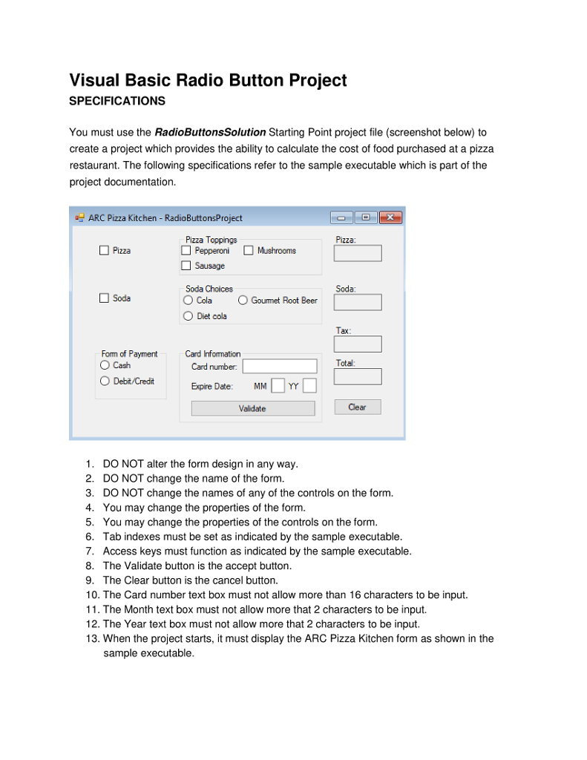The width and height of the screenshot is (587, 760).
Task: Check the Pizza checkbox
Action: (105, 251)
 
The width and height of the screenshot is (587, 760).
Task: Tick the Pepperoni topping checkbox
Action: (186, 251)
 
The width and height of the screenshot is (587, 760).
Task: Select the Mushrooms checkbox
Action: (249, 251)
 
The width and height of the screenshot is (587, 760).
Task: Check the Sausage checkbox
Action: (186, 266)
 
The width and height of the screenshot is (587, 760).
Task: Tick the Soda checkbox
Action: (105, 298)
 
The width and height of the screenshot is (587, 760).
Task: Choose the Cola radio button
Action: (188, 301)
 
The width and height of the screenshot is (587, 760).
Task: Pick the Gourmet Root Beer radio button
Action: (243, 301)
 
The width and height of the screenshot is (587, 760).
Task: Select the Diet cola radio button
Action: (188, 316)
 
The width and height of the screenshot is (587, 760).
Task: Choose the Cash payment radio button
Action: (105, 365)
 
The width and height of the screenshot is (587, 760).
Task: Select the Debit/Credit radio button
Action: (105, 381)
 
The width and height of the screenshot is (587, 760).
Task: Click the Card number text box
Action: (279, 366)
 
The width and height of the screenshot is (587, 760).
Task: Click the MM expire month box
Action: (278, 386)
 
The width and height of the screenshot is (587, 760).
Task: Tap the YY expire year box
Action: (309, 386)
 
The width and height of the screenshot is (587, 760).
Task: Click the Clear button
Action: (357, 407)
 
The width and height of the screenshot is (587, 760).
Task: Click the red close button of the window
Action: (390, 217)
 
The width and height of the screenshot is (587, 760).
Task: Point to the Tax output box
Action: (358, 344)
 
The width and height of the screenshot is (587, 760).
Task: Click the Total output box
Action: (358, 376)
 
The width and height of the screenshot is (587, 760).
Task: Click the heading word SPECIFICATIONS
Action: (117, 101)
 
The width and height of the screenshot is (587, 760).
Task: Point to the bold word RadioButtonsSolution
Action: (210, 132)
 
